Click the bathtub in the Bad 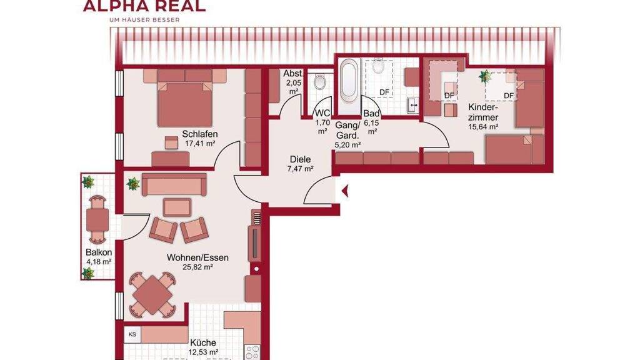click(348, 81)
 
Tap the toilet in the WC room click(319, 82)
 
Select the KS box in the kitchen click(132, 334)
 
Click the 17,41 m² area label click(200, 143)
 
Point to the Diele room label click(301, 159)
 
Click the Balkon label click(99, 252)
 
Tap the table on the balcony click(97, 219)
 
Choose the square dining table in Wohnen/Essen click(152, 295)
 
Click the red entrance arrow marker click(345, 190)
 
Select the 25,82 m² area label click(198, 267)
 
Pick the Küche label click(203, 343)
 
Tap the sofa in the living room click(174, 184)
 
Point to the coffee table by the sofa click(177, 207)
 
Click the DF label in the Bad click(384, 92)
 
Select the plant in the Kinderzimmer click(486, 76)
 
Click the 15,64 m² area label click(483, 126)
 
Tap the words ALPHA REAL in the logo click(144, 6)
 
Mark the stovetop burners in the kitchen click(252, 352)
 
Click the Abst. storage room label click(294, 74)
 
